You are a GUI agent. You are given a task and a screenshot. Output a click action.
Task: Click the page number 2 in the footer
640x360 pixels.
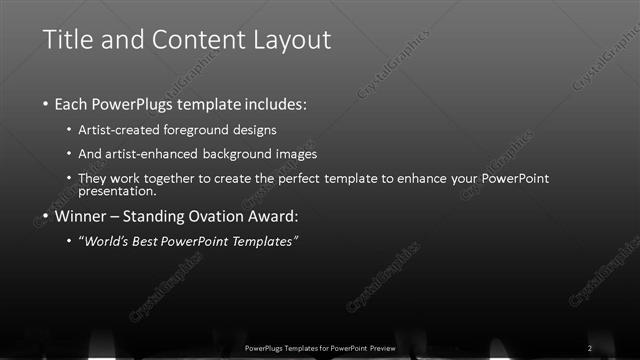coord(590,347)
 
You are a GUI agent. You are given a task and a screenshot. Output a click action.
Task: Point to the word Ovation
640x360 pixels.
coord(227,215)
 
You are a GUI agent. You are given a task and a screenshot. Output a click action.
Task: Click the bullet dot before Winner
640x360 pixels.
coord(47,216)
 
